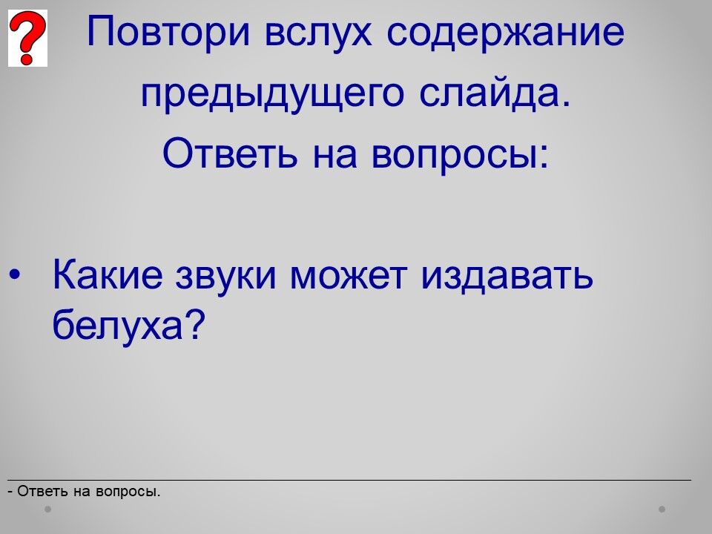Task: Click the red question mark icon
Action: point(27,38)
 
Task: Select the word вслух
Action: point(318,33)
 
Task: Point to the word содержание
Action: point(505,32)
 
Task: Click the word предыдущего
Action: point(272,94)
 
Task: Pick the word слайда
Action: point(494,93)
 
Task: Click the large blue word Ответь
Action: point(230,153)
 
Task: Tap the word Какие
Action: point(108,274)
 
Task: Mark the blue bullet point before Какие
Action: point(15,275)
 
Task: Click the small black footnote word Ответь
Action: point(43,491)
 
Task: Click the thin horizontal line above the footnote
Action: point(349,480)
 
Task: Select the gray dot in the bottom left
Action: point(47,509)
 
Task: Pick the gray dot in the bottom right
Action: point(662,509)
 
